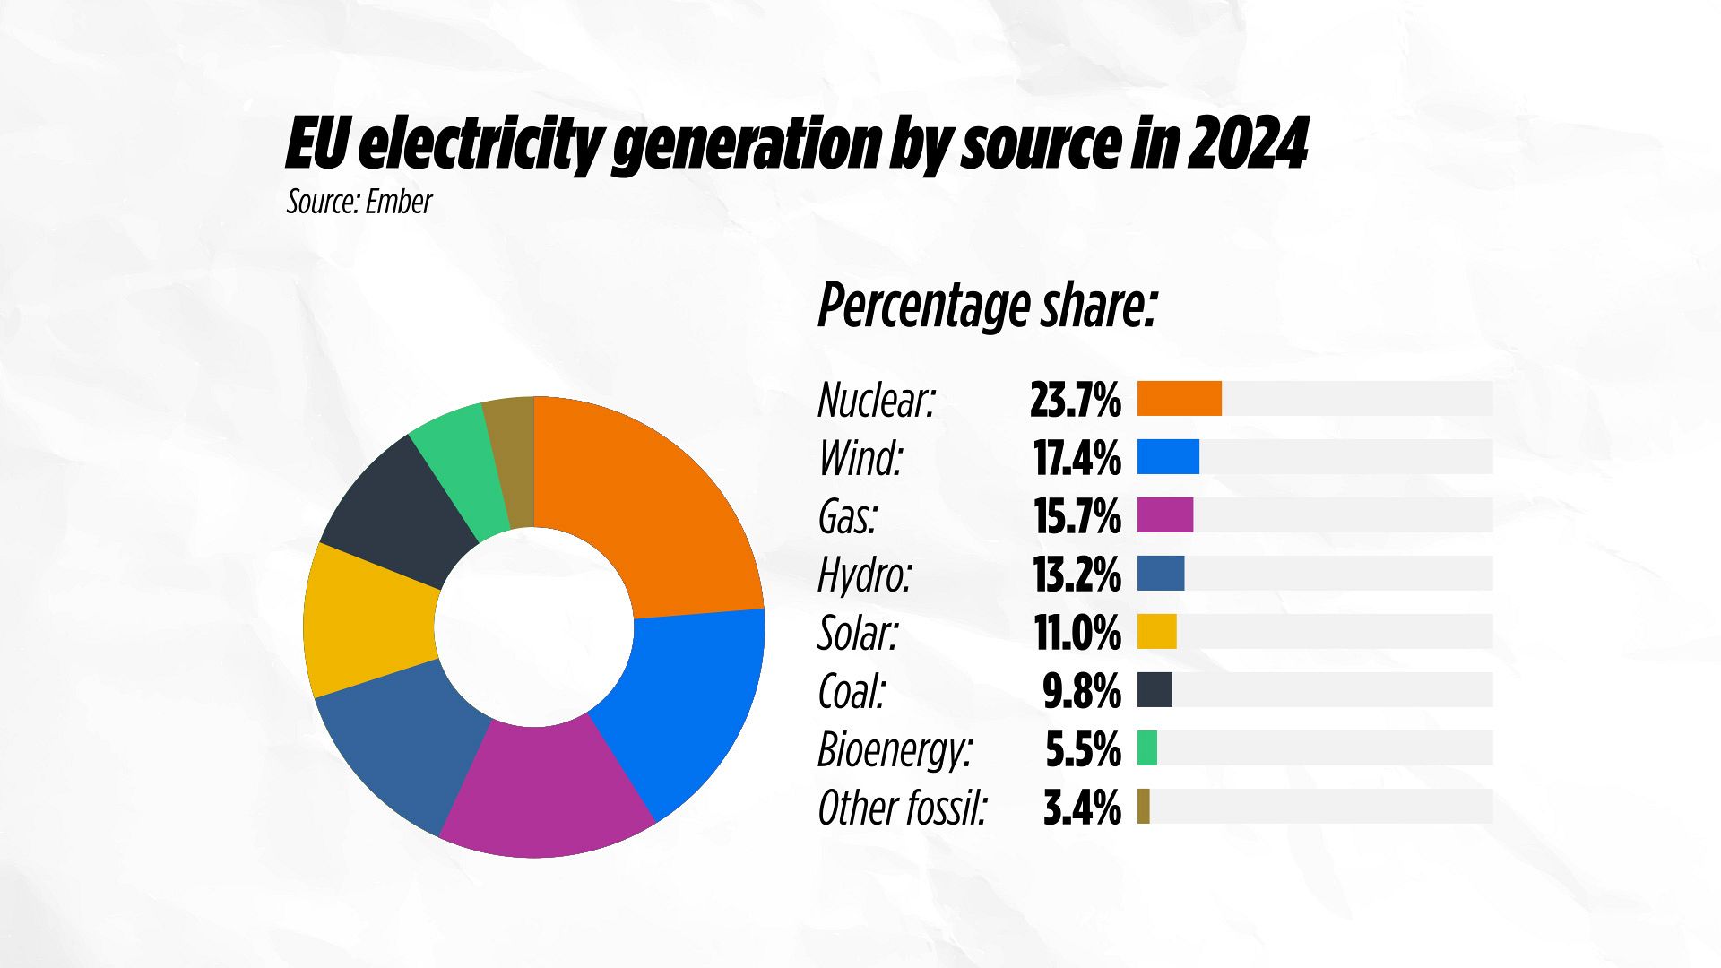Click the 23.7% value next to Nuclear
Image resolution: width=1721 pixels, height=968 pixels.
click(1075, 400)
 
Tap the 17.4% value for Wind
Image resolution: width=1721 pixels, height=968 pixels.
click(1077, 458)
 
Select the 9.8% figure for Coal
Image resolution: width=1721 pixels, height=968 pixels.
click(1082, 691)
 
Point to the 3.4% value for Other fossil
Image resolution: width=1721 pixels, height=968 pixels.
click(1082, 808)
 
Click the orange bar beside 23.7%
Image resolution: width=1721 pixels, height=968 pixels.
click(1179, 399)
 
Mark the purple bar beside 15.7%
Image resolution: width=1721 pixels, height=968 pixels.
click(1165, 515)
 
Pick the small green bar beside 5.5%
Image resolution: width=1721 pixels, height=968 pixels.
click(1147, 748)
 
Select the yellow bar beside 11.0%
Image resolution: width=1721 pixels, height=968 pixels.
click(1156, 632)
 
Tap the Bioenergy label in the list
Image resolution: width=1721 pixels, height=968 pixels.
click(895, 749)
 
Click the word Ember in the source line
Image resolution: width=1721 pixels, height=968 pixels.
click(399, 202)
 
